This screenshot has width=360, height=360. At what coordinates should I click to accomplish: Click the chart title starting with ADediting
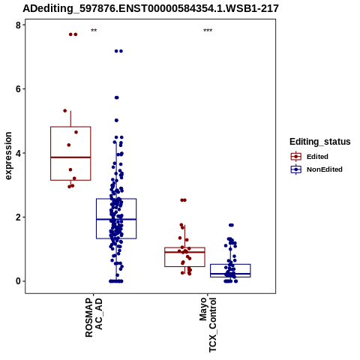(x=151, y=8)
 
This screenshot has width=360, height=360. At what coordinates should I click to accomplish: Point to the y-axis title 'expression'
(x=8, y=156)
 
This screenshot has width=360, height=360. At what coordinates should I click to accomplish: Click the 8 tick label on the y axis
(x=18, y=25)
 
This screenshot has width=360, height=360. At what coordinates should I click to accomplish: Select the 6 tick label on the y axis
(x=18, y=89)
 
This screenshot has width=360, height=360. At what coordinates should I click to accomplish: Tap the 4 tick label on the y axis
(x=18, y=153)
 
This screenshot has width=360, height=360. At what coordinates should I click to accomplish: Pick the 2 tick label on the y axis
(x=18, y=217)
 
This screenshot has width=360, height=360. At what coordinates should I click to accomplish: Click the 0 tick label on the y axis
(x=18, y=281)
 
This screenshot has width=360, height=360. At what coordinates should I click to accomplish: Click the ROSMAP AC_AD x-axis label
(x=94, y=317)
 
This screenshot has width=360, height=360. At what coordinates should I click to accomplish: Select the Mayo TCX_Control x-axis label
(x=208, y=325)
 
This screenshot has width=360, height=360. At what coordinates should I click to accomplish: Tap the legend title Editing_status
(x=320, y=142)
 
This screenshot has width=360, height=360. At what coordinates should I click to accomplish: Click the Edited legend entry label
(x=317, y=157)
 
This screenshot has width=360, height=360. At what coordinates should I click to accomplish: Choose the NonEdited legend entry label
(x=325, y=169)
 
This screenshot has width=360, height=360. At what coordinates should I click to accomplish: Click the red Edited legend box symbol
(x=296, y=157)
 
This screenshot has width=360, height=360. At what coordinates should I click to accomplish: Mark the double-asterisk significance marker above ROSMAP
(x=94, y=31)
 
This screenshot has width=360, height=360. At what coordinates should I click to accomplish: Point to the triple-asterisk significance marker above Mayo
(x=208, y=31)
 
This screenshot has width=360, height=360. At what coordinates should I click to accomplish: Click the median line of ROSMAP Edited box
(x=70, y=157)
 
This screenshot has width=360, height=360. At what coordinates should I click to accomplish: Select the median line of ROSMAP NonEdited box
(x=116, y=219)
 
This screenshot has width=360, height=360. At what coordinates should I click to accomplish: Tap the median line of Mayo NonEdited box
(x=230, y=274)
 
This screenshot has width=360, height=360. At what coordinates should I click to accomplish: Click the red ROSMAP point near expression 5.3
(x=65, y=110)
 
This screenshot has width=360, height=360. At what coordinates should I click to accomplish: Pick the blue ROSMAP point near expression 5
(x=116, y=120)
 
